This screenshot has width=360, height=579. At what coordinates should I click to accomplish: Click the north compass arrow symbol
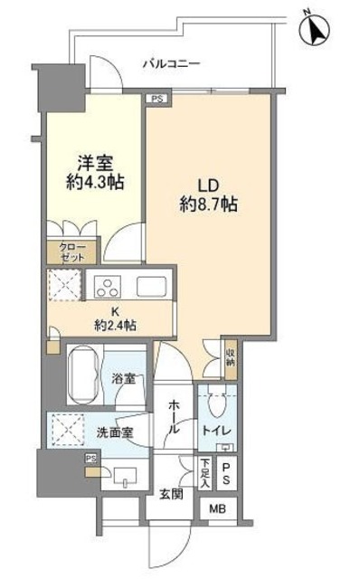coord(315,30)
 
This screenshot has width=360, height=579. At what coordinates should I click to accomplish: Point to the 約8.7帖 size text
coord(209,204)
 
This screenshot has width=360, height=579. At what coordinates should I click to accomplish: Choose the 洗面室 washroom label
coord(116,432)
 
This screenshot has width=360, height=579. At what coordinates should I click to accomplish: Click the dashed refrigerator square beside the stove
coord(66,287)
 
